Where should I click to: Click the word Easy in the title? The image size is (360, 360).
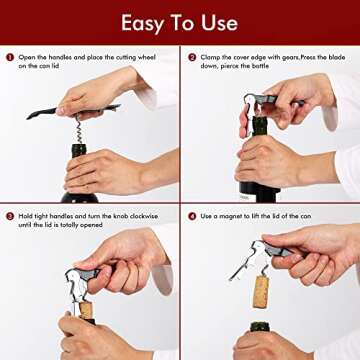point(144,22)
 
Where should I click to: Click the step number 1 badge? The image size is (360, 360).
point(9,57)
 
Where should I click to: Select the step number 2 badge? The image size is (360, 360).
point(190,57)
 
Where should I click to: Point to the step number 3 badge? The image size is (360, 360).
point(9,215)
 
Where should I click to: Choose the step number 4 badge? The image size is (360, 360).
point(190,215)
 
